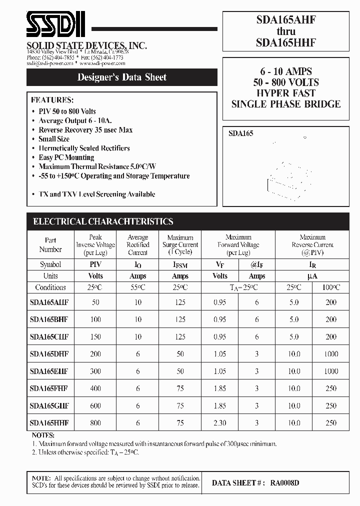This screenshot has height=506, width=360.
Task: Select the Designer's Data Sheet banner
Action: [121, 77]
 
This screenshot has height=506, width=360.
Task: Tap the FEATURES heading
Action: [52, 99]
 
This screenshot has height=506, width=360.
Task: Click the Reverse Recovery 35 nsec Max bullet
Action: [85, 130]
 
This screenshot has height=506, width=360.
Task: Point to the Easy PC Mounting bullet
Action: [66, 157]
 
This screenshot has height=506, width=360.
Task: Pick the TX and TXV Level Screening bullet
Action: [96, 194]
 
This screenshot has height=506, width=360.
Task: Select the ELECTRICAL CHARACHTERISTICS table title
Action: [103, 221]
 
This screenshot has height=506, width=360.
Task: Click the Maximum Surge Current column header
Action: [180, 245]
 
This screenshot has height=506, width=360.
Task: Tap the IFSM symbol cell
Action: [180, 264]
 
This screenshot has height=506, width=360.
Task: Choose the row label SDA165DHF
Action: [49, 354]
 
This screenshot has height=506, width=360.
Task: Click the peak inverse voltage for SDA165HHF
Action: [95, 423]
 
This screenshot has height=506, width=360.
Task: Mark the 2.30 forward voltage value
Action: [219, 423]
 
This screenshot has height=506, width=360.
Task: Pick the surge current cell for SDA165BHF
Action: [180, 319]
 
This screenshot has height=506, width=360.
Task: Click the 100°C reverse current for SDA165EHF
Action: [331, 371]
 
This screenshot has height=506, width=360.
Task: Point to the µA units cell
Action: [312, 276]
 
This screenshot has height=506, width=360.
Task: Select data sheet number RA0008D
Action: [284, 483]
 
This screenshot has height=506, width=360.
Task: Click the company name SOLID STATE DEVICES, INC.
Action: [86, 45]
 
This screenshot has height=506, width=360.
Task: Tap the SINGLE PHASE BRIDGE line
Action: [285, 104]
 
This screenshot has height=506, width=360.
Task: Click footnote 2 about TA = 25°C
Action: [85, 452]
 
